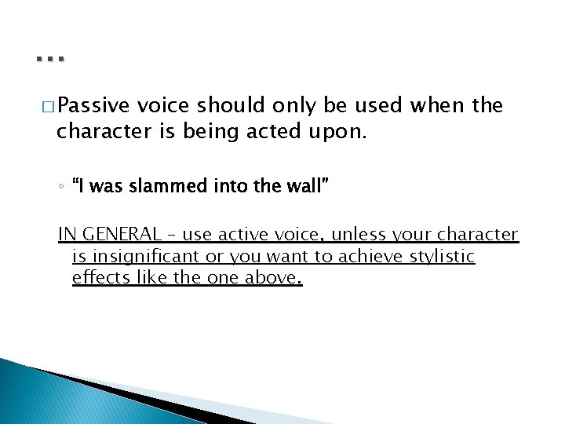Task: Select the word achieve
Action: [x=385, y=256]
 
